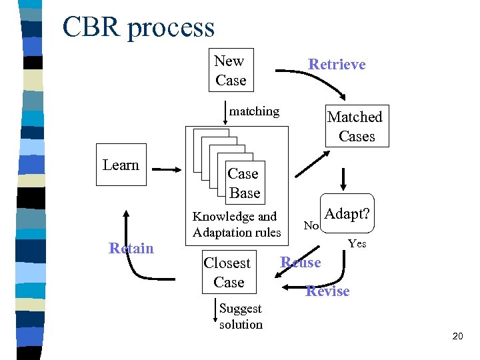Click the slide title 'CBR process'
coord(139,27)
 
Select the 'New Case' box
coord(230,71)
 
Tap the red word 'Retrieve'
coord(337,64)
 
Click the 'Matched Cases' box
coord(355,127)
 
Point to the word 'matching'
coord(254,111)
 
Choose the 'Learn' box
coord(121,165)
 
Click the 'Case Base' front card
coord(243,183)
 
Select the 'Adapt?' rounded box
coord(347,215)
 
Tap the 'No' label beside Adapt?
coord(311,226)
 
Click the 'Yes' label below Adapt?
coord(357,244)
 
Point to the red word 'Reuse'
coord(301,262)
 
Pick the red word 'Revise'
coord(327,291)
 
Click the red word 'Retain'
coord(131,249)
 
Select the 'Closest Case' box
coord(228,273)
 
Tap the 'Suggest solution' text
coord(241,317)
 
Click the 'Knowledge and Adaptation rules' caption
coord(237,225)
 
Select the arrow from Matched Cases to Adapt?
coord(344,178)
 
